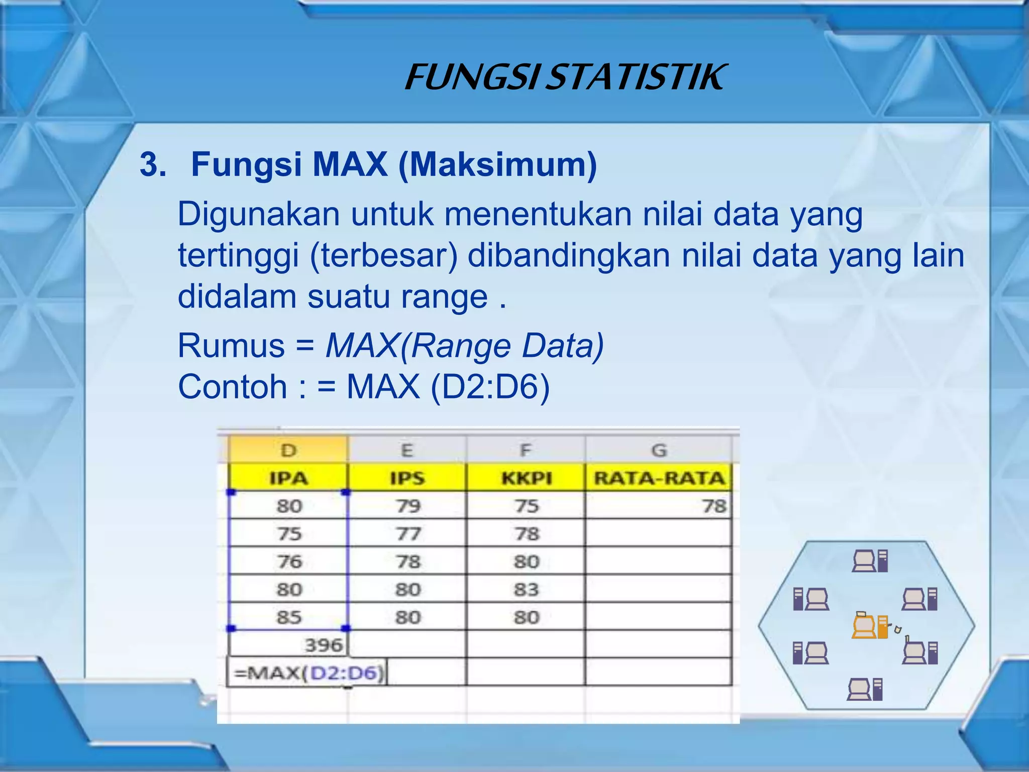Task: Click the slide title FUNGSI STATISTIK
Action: click(565, 78)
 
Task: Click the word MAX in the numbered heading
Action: click(350, 164)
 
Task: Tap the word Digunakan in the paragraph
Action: click(259, 214)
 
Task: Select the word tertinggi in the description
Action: click(239, 255)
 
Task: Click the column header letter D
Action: click(288, 450)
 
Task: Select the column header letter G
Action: click(659, 450)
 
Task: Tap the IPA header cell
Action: click(288, 478)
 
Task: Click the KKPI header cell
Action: click(526, 478)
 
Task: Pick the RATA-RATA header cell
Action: click(659, 478)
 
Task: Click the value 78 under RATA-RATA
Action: click(714, 506)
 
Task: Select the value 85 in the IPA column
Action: click(289, 617)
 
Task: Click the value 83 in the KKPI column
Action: click(526, 589)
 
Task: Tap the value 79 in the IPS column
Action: click(407, 506)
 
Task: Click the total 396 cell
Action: click(323, 645)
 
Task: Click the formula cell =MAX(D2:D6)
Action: click(308, 672)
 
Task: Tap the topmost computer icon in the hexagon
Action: click(870, 561)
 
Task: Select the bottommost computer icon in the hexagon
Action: click(865, 689)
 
